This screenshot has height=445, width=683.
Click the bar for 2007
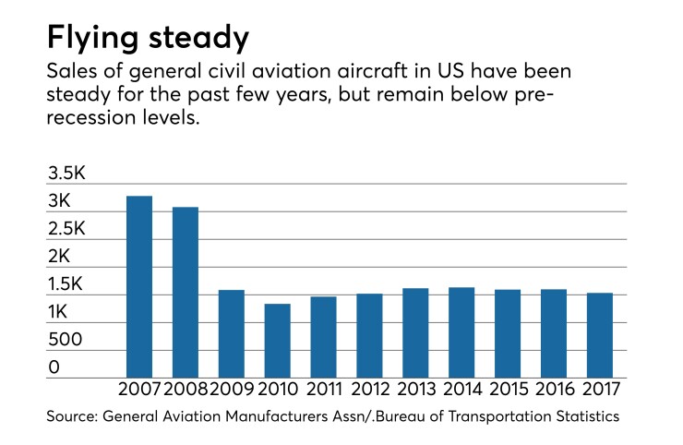[139, 286]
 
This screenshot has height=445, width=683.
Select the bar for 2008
[186, 292]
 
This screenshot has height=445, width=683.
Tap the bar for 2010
[278, 340]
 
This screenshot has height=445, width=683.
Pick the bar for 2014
[462, 332]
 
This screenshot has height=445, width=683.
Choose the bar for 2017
[601, 335]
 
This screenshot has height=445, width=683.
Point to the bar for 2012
[370, 335]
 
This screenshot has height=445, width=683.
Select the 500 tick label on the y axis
[66, 339]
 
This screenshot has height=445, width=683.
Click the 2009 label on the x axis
[232, 391]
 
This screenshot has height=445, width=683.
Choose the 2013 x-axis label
[416, 391]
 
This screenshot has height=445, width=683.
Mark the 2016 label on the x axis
[555, 391]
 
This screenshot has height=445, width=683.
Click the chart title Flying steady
[148, 38]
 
